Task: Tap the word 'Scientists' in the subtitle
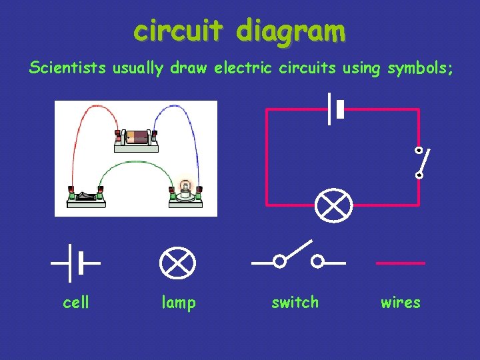66,68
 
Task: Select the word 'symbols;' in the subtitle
421,68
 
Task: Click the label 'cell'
75,303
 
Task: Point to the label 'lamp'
179,303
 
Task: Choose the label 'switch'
295,303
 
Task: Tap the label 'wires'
400,303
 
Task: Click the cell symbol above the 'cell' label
75,263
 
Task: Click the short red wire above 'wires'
400,263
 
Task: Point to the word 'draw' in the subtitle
189,68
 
